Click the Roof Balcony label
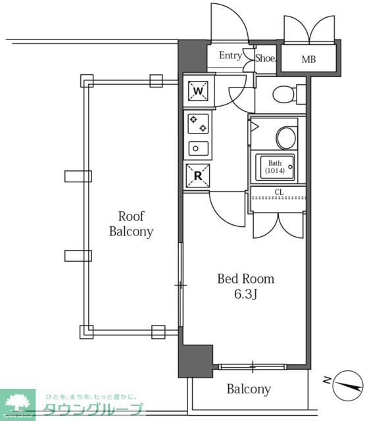(x=131, y=224)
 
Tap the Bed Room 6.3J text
(x=245, y=286)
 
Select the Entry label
(x=230, y=56)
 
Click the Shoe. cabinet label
(x=266, y=58)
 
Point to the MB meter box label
(x=308, y=60)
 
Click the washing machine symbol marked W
(x=199, y=91)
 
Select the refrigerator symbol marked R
(x=198, y=175)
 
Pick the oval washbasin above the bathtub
(x=286, y=137)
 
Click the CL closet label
(x=278, y=192)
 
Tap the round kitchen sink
(x=198, y=148)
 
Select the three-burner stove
(x=199, y=124)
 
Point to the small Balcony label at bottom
(x=249, y=389)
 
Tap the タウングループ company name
(x=92, y=409)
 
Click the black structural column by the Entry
(x=193, y=56)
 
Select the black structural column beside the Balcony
(x=195, y=360)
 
